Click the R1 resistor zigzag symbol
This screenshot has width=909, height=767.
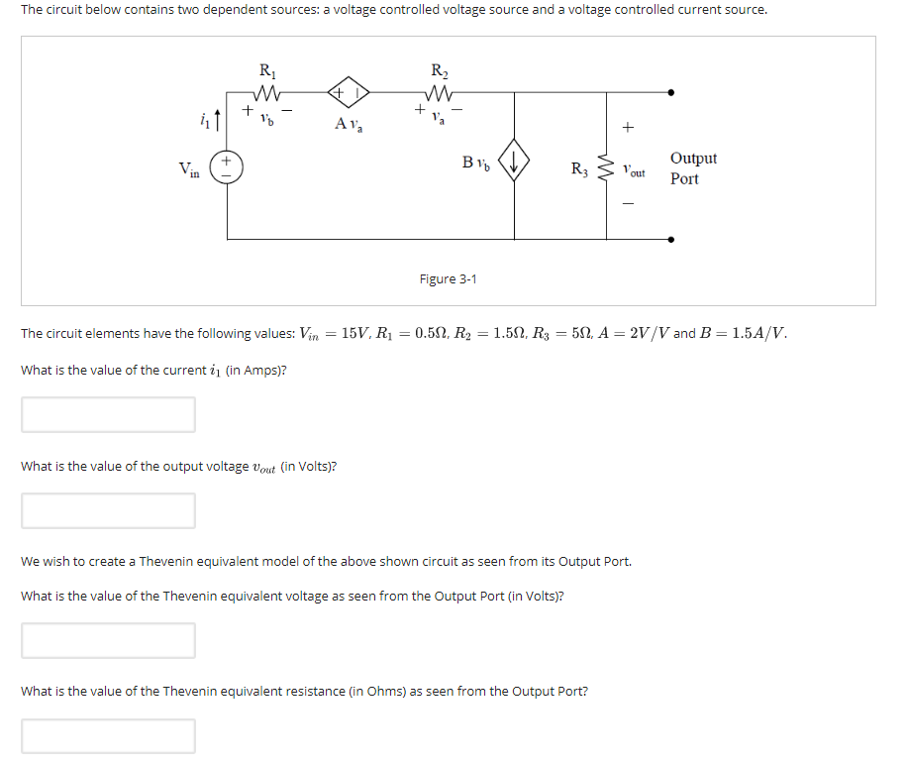point(267,94)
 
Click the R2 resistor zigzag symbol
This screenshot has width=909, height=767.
point(439,94)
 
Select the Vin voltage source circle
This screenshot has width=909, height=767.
point(227,165)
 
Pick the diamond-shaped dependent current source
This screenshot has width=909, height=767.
point(516,164)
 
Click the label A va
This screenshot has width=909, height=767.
point(349,125)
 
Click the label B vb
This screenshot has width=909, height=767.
point(476,164)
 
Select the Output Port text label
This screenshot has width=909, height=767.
point(693,168)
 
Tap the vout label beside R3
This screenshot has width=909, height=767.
point(635,170)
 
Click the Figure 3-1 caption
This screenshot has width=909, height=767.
point(448,278)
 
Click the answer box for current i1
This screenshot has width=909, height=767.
point(109,415)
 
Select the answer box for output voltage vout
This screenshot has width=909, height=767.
point(109,510)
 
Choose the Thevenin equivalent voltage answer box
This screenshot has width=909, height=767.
point(109,640)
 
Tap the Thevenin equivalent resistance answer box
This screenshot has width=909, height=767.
point(109,735)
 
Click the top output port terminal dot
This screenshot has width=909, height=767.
point(672,94)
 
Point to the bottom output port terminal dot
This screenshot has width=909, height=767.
point(672,239)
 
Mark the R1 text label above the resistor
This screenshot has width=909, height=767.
point(267,70)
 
